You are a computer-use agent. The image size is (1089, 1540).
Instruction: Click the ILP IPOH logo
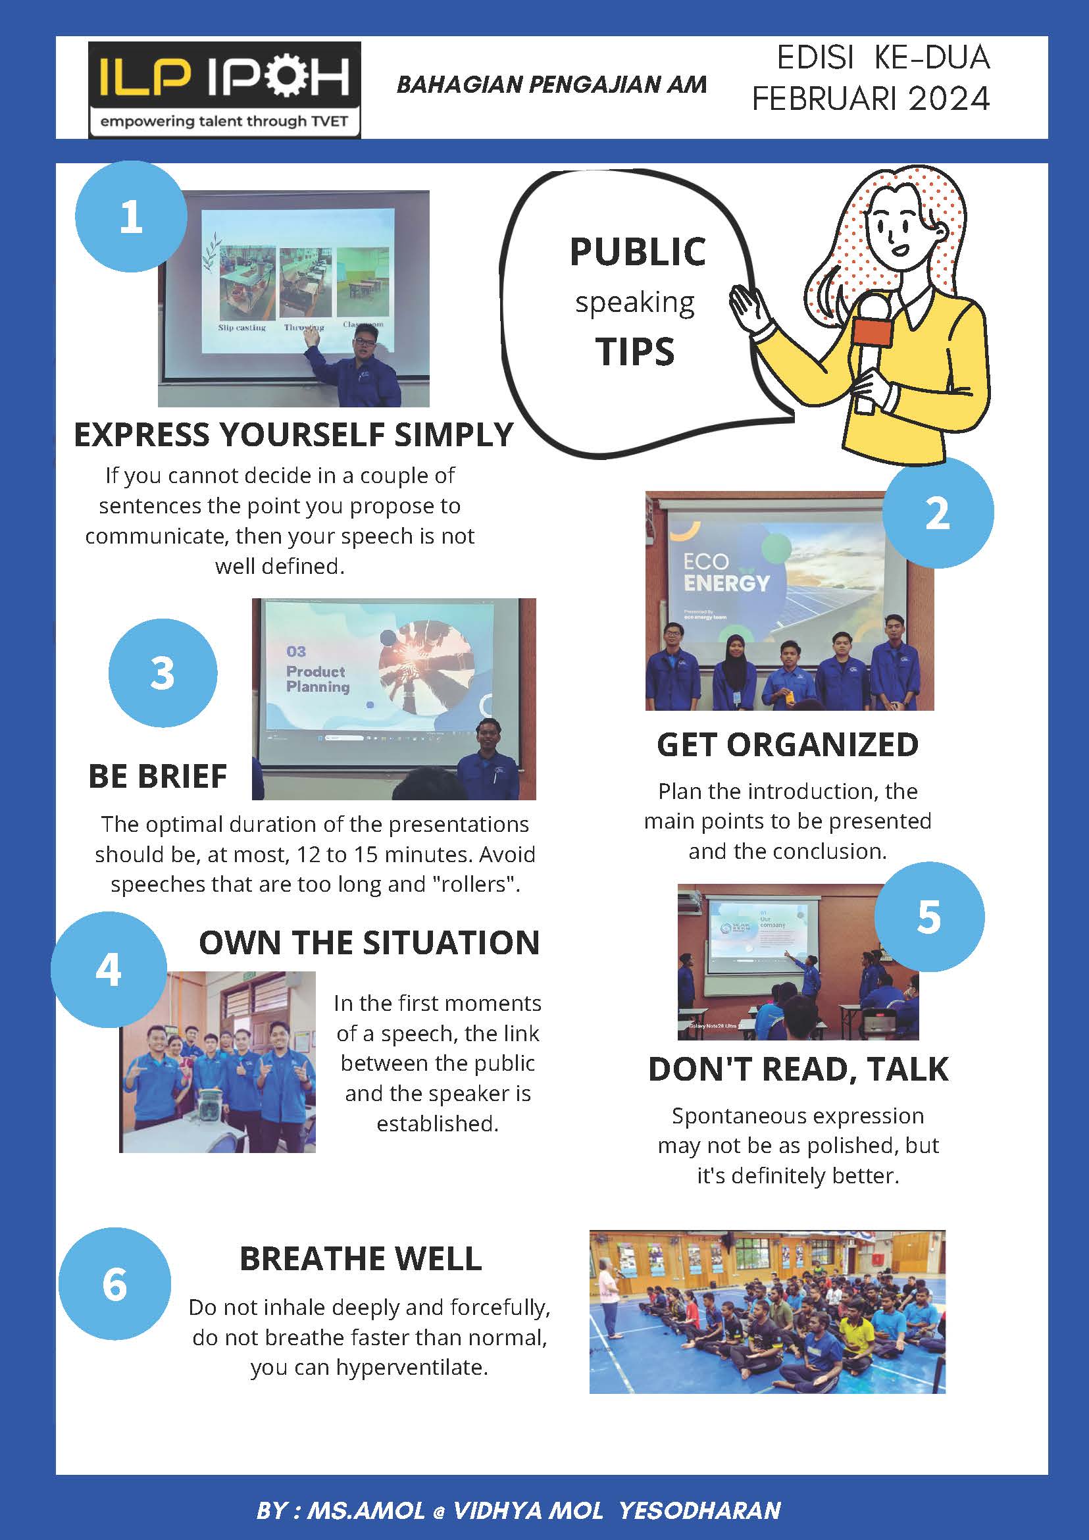tap(224, 90)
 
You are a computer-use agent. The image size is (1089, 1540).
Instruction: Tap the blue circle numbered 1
tap(131, 217)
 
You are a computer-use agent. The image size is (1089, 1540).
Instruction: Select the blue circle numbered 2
tap(938, 513)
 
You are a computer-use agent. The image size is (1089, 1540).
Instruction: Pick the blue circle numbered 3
tap(163, 673)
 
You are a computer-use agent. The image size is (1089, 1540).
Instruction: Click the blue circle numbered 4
tap(109, 969)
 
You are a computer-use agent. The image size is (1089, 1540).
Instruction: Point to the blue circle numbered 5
tap(929, 917)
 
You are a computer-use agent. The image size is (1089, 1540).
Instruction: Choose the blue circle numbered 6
tap(114, 1284)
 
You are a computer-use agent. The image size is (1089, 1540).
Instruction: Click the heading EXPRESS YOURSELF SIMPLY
tap(293, 434)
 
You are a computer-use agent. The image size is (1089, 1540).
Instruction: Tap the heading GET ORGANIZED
tap(788, 744)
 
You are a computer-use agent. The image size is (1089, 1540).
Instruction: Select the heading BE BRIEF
tap(157, 776)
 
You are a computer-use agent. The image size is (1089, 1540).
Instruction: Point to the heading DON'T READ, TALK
tap(798, 1069)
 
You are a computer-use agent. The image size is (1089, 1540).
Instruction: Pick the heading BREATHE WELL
tap(361, 1258)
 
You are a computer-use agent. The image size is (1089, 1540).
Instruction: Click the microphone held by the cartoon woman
tap(872, 349)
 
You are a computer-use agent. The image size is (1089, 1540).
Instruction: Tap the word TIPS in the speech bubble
tap(635, 351)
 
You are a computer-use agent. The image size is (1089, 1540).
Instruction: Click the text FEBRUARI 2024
tap(871, 99)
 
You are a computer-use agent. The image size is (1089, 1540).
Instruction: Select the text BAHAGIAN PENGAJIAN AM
tap(552, 84)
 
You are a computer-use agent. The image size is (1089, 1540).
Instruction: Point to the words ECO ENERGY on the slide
tap(726, 572)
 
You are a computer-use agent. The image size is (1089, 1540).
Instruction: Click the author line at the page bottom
tap(519, 1510)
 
